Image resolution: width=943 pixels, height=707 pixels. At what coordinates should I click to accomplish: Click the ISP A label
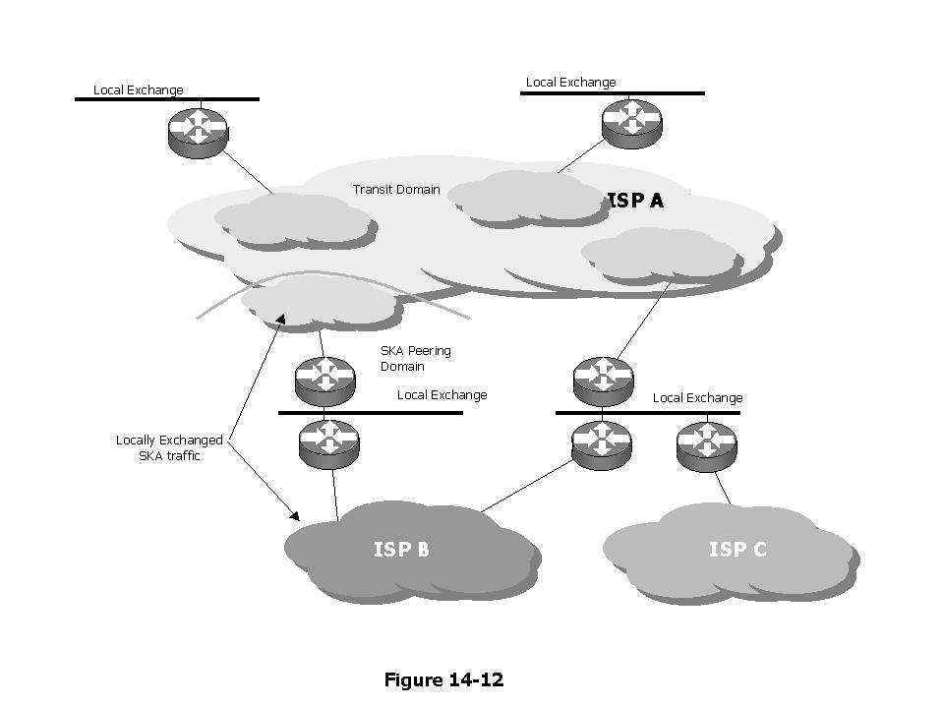click(635, 201)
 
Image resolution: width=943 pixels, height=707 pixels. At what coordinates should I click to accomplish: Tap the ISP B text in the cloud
click(401, 549)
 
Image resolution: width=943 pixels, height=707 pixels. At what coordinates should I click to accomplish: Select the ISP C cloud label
click(737, 549)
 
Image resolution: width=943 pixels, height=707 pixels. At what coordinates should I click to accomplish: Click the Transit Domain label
click(396, 190)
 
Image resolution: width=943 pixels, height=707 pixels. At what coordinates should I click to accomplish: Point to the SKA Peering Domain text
click(415, 359)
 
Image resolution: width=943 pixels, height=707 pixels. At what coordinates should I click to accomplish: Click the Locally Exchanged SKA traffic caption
click(169, 448)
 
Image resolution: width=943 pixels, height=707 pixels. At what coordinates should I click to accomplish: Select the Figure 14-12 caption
click(443, 679)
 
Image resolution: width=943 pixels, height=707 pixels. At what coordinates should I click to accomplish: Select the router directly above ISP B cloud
click(329, 442)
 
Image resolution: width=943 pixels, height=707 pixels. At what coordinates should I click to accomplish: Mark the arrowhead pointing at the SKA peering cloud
click(282, 318)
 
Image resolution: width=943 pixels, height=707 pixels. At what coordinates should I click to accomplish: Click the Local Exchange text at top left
click(138, 90)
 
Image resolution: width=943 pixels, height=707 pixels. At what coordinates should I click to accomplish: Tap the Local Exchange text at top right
click(570, 83)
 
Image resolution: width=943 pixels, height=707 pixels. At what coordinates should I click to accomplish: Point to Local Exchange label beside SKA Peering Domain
click(442, 395)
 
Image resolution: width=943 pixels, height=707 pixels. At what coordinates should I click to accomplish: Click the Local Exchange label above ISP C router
click(697, 398)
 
